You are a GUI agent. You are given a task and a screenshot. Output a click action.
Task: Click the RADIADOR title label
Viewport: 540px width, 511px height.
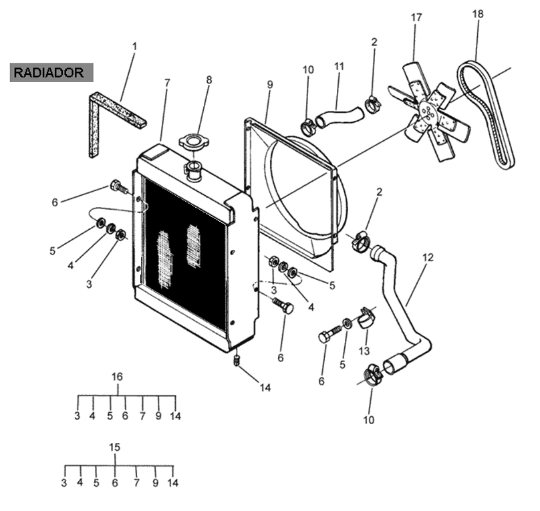49,73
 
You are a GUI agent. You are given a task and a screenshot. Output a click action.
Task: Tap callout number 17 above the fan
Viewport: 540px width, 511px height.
416,17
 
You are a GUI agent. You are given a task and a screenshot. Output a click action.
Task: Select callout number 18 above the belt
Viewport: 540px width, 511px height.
478,14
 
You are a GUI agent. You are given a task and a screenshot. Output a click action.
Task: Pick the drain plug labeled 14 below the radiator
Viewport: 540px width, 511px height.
237,360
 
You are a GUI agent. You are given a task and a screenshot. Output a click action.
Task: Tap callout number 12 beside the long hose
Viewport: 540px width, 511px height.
428,257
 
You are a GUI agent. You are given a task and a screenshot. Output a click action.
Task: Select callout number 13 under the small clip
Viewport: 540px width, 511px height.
364,351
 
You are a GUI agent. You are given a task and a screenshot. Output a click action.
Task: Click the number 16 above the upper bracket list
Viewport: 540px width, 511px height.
117,377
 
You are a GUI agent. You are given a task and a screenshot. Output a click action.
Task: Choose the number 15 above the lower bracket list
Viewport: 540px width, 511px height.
115,448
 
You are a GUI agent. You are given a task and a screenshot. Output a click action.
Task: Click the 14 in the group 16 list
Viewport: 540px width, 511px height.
175,416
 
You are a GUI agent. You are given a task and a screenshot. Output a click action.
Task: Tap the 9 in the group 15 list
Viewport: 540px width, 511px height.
155,483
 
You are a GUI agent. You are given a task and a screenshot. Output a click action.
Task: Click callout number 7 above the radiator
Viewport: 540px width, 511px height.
167,83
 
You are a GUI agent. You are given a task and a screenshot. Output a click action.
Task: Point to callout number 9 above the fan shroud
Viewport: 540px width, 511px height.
269,85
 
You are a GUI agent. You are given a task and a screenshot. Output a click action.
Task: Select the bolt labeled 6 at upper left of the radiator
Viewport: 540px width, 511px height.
119,187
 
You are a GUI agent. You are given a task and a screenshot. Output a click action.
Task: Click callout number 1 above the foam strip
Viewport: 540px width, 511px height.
134,47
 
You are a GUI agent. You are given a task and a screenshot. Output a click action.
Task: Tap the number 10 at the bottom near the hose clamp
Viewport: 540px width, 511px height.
368,419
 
